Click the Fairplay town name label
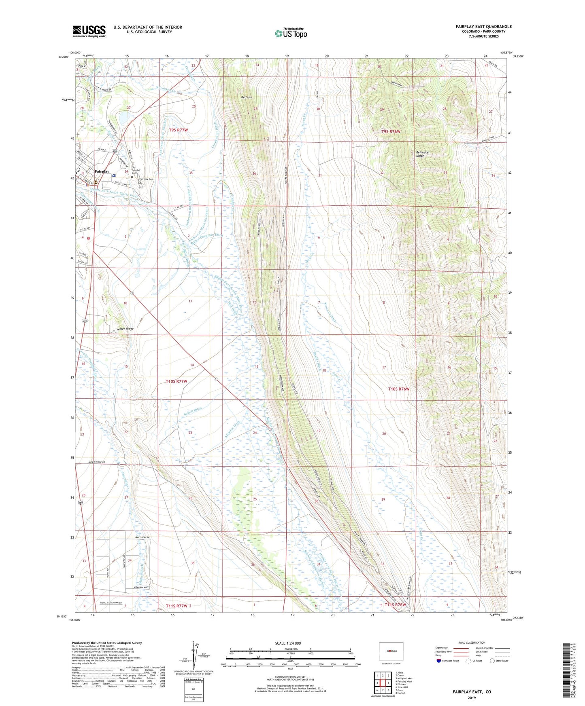pyautogui.click(x=102, y=171)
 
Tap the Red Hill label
pyautogui.click(x=247, y=97)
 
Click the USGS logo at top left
pyautogui.click(x=89, y=31)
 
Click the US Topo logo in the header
pyautogui.click(x=291, y=33)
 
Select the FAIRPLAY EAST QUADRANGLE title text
pyautogui.click(x=483, y=27)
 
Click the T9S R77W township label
pyautogui.click(x=179, y=130)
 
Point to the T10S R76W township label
pyautogui.click(x=399, y=389)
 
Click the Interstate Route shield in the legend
pyautogui.click(x=439, y=661)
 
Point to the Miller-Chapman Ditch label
pyautogui.click(x=207, y=238)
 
